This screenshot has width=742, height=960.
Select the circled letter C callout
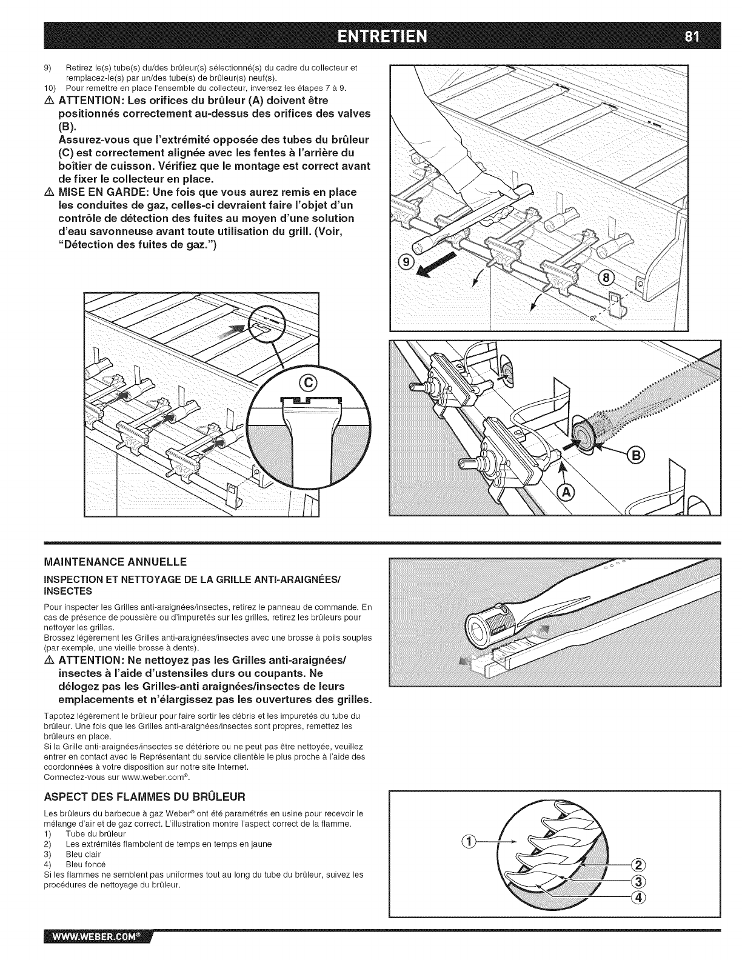309,382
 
